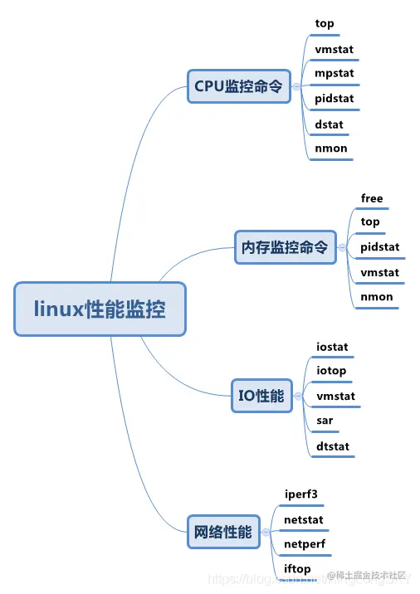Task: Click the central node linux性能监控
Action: click(x=100, y=309)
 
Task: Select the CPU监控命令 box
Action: click(x=239, y=85)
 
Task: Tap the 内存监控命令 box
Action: click(x=285, y=247)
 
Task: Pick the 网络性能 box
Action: click(x=222, y=532)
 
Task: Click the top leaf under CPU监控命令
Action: click(x=325, y=23)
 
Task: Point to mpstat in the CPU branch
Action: click(x=335, y=74)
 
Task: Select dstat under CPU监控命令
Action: click(x=329, y=124)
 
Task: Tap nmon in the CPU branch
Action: click(x=331, y=149)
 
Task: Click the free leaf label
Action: click(x=372, y=198)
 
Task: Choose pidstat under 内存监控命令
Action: click(x=380, y=246)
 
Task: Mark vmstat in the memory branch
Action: click(x=380, y=272)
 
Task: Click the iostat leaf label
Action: click(x=332, y=346)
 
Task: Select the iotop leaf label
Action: click(x=331, y=371)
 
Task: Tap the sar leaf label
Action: click(x=325, y=421)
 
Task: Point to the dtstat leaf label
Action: click(x=333, y=446)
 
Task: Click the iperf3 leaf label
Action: click(x=301, y=494)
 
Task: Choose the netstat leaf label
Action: click(x=304, y=519)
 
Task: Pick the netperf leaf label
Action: click(x=305, y=544)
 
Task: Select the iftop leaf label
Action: click(x=297, y=568)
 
